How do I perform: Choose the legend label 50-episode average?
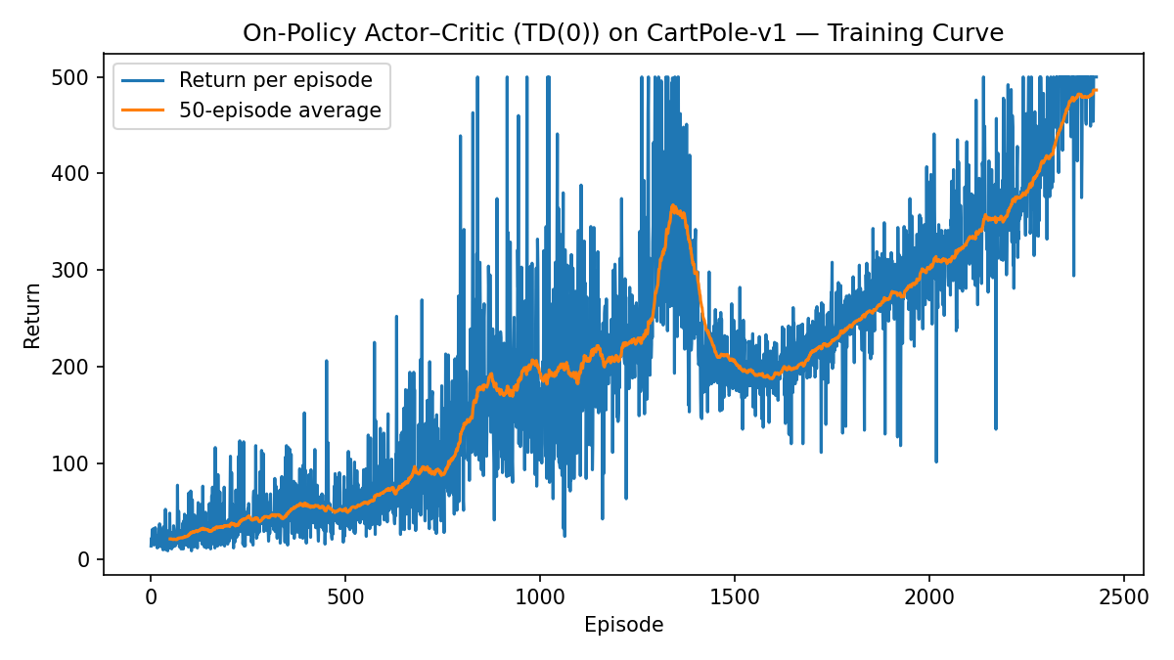click(x=280, y=110)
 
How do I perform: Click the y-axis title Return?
click(x=33, y=315)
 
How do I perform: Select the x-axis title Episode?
click(x=623, y=625)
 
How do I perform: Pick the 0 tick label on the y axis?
click(x=83, y=560)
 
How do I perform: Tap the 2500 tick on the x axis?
click(x=1123, y=596)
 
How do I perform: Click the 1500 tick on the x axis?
click(x=734, y=596)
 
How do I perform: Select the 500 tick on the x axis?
click(x=344, y=596)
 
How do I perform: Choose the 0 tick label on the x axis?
click(x=151, y=596)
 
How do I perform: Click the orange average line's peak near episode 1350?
click(x=673, y=205)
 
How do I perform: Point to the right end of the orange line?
click(x=1097, y=90)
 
